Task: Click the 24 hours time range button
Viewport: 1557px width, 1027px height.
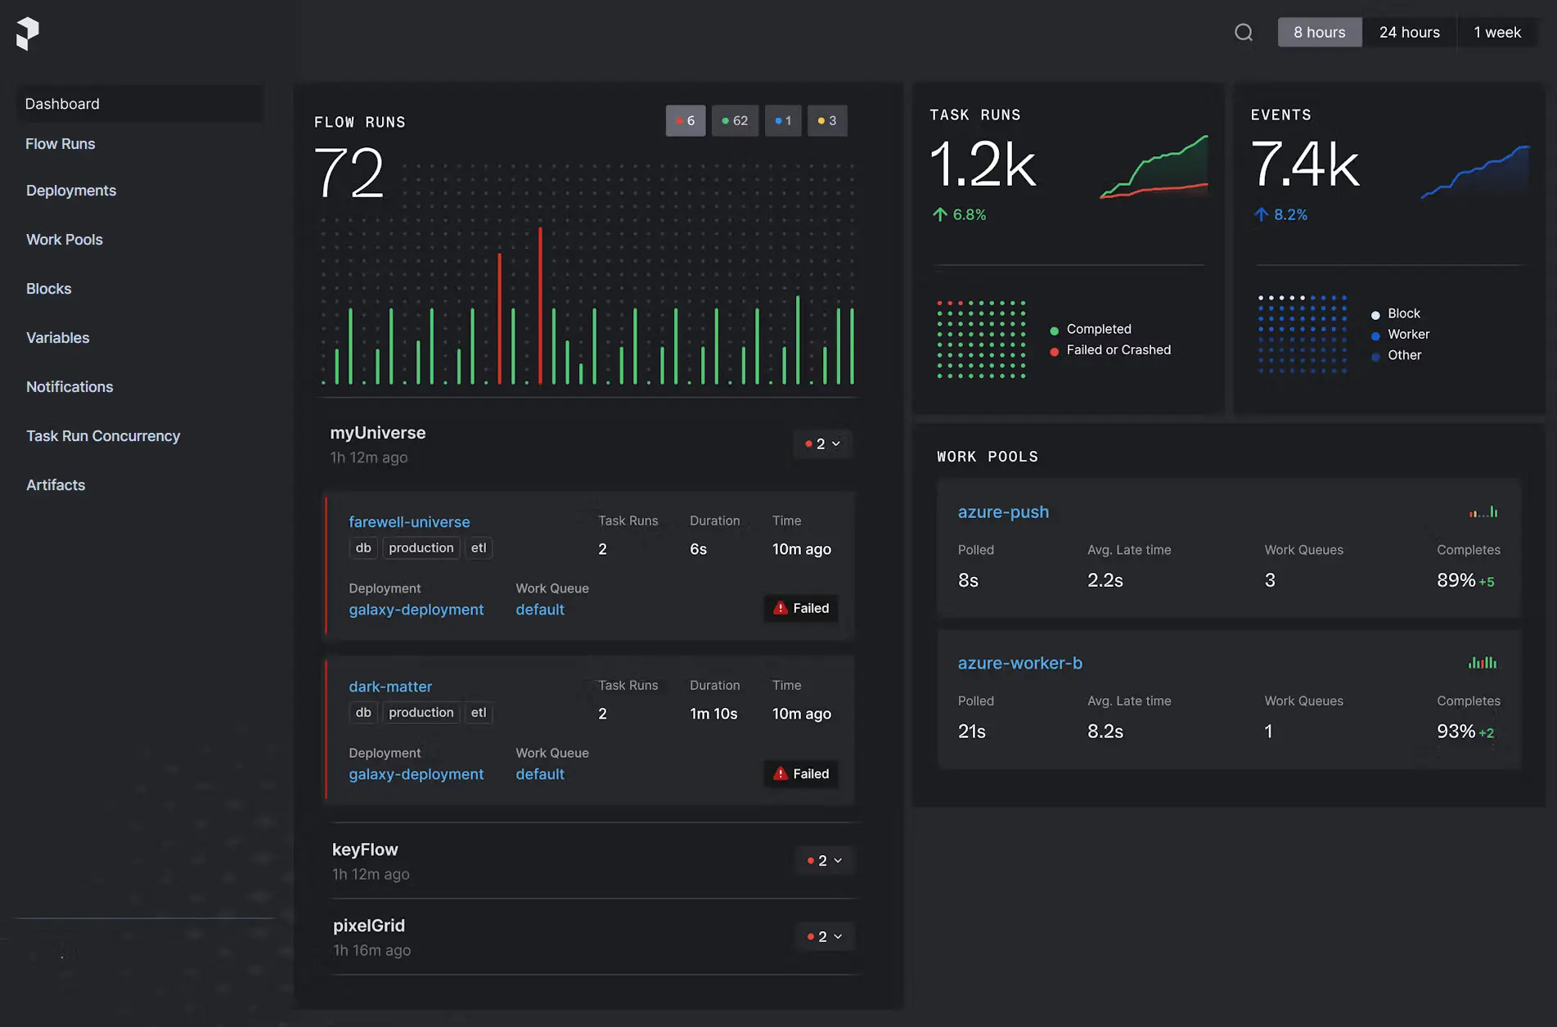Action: pos(1409,32)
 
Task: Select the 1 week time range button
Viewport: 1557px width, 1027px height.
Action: pos(1496,32)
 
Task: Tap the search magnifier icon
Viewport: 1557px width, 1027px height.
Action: pos(1244,32)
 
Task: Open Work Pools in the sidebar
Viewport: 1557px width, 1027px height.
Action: pos(65,240)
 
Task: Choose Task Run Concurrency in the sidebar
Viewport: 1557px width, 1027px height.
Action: pos(103,436)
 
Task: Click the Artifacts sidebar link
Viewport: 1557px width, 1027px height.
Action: pos(56,485)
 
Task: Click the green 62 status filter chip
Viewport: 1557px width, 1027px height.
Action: pos(735,120)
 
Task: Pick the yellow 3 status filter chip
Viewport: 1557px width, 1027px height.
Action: pos(826,120)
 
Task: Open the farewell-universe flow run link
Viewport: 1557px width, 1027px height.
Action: pos(409,522)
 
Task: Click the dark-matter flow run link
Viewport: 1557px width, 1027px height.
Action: pos(390,687)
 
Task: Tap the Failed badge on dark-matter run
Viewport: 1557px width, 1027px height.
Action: pos(801,773)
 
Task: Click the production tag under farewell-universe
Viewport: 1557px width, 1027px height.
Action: pos(421,548)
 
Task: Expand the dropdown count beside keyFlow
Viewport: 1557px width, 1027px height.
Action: pos(824,860)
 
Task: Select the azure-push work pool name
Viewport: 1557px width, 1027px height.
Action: pos(1003,512)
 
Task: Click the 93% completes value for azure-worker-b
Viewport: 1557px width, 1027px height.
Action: pos(1456,731)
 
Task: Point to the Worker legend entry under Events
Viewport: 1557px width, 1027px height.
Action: pos(1407,335)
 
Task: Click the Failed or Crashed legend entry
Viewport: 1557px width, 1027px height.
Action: pos(1118,350)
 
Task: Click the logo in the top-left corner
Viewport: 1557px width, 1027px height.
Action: pos(27,34)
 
